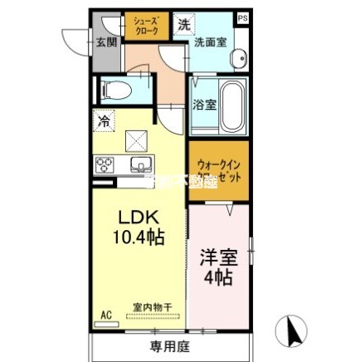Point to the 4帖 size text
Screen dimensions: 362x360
[x=217, y=277]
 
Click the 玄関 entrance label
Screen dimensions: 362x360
[x=105, y=42]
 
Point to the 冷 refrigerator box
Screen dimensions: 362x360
[x=104, y=121]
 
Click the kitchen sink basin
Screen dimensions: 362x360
[x=139, y=162]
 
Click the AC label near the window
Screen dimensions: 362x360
[x=105, y=315]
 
